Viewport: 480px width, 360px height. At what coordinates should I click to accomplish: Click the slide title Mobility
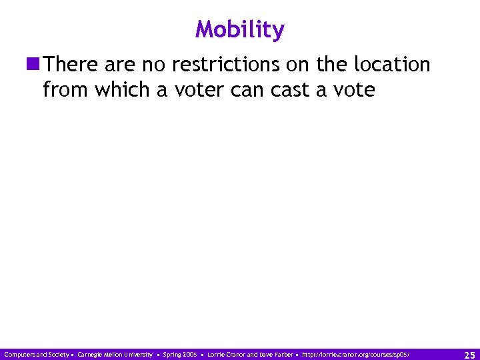240,30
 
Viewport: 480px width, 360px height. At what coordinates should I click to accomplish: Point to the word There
71,65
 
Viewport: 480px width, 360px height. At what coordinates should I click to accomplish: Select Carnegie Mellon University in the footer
115,355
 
